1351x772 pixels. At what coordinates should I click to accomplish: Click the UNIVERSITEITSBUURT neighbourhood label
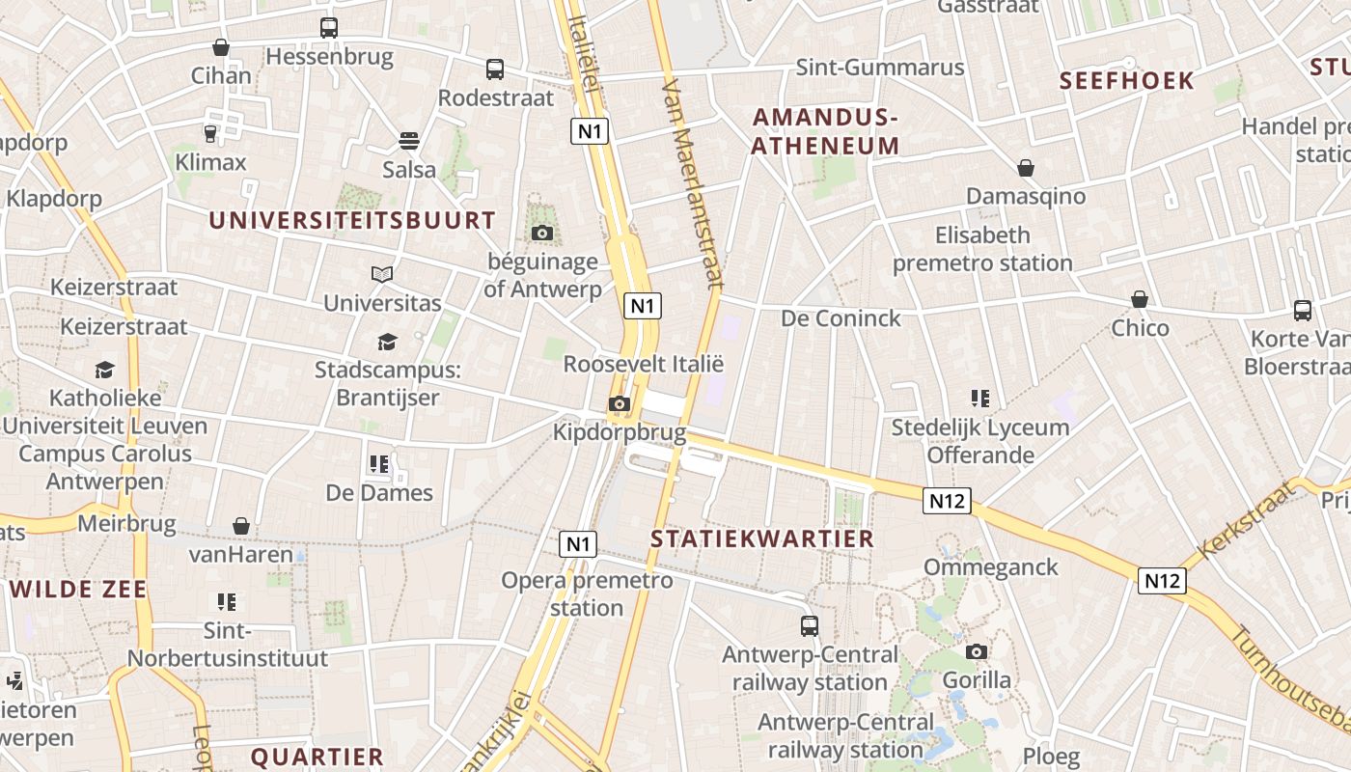pos(352,220)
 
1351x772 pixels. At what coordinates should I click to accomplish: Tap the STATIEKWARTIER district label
pos(762,538)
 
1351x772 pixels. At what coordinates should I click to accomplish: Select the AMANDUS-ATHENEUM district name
pos(825,131)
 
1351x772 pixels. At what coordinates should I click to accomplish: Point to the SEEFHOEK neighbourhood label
pos(1127,80)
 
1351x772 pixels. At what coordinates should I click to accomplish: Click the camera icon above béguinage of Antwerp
pos(541,233)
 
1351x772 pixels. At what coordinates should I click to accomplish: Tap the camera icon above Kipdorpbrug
pos(620,404)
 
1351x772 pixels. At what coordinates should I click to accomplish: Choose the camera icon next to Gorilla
pos(977,652)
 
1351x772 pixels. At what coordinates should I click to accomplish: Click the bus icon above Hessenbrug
pos(329,28)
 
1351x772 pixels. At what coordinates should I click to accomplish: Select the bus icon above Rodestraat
pos(495,69)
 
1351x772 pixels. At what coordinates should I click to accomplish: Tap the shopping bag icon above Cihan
pos(221,47)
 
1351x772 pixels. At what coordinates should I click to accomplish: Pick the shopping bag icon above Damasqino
pos(1026,169)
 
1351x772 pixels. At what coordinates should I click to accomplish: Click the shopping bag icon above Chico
pos(1140,299)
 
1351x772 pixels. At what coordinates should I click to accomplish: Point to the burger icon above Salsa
pos(409,141)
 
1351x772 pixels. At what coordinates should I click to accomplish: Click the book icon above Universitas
pos(382,275)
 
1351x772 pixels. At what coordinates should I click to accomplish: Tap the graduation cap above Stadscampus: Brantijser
pos(387,342)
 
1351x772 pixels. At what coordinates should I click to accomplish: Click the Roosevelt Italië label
pos(644,365)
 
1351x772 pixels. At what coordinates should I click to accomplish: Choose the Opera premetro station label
pos(587,593)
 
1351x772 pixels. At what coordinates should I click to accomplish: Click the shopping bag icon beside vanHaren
pos(241,526)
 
